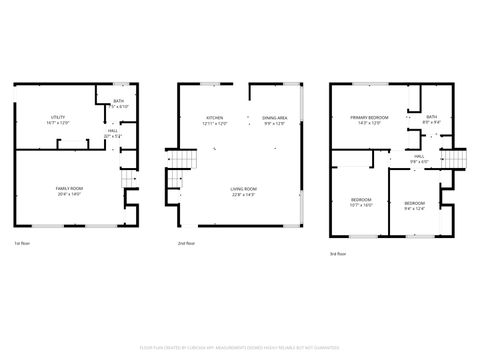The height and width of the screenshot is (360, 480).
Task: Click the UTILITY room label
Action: point(58,118)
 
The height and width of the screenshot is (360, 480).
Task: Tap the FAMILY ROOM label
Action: point(69,188)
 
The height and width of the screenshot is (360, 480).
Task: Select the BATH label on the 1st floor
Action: point(117,101)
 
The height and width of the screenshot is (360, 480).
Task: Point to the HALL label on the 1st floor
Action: point(113,130)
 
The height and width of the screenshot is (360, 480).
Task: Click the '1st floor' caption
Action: point(20,243)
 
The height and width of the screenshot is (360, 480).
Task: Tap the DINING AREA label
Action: point(275,118)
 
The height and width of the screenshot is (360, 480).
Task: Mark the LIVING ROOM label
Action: point(243,188)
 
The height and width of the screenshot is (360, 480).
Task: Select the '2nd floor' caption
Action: point(186,243)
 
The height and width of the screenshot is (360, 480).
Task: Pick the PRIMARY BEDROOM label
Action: point(369,118)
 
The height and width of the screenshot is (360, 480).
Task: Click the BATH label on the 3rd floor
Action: point(431,117)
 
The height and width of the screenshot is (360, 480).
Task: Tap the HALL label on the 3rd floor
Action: point(420,157)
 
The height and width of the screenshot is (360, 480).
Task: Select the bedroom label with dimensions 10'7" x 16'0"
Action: point(361,200)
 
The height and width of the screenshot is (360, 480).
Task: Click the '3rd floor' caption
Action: point(340,254)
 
